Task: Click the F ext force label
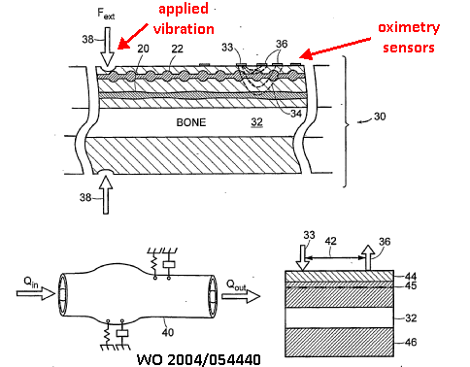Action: (x=106, y=14)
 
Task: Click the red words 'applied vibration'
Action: (x=184, y=19)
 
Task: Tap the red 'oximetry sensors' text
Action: (x=409, y=37)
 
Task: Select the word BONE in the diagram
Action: (x=191, y=122)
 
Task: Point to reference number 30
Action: (x=380, y=117)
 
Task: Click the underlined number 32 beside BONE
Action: (x=256, y=122)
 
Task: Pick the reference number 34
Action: (x=296, y=114)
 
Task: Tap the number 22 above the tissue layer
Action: (x=177, y=49)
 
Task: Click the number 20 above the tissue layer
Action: (x=143, y=49)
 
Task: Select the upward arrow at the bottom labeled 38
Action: (x=106, y=195)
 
